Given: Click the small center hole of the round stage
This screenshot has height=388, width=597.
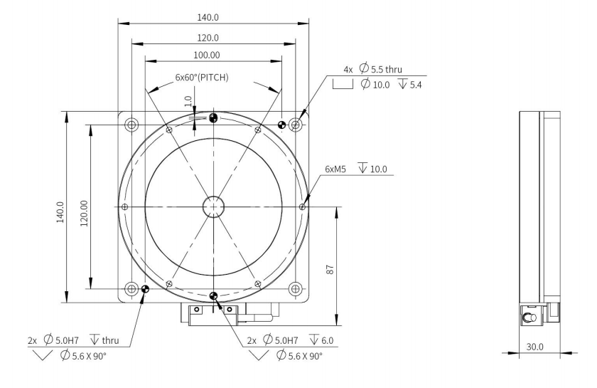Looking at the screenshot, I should tap(213, 206).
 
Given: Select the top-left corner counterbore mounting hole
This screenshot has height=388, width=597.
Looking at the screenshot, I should tap(131, 125).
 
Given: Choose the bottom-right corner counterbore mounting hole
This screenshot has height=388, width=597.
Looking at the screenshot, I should tap(296, 288).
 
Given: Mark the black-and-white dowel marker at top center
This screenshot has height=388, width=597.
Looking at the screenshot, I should tap(213, 118).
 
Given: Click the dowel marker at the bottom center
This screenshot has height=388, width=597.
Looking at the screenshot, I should tap(213, 295).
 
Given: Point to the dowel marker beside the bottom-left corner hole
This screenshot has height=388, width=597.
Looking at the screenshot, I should tap(145, 289).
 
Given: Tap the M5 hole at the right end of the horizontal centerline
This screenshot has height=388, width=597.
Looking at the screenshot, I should tap(303, 206).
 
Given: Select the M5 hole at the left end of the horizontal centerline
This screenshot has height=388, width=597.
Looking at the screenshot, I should tap(125, 206).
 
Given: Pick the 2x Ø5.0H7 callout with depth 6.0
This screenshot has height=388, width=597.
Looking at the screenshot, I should tap(287, 340).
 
